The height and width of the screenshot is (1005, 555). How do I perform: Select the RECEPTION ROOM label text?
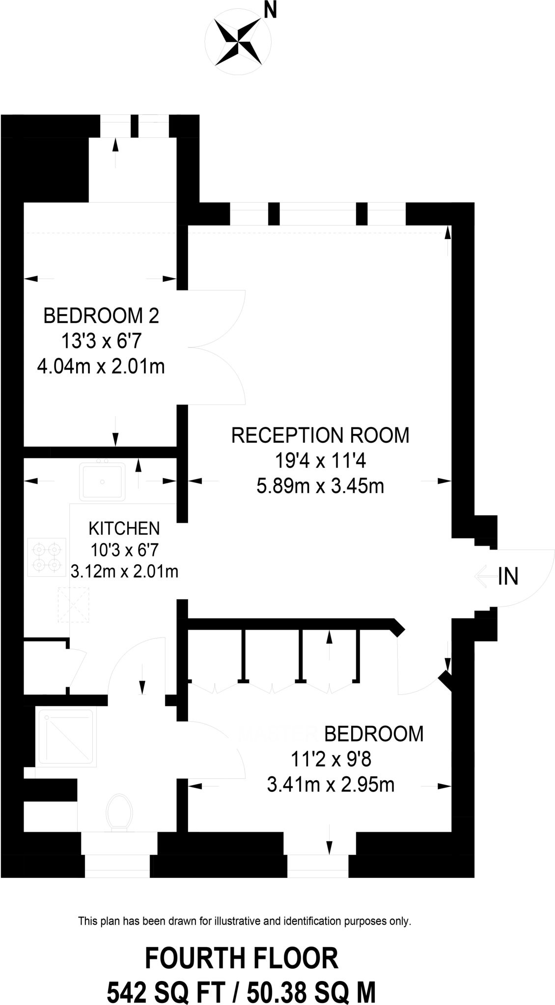320,435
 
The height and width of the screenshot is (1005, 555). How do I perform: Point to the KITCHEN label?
124,529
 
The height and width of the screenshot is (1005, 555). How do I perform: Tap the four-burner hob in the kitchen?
47,557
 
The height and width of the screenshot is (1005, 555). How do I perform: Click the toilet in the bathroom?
119,813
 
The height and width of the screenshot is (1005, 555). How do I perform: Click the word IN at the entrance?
508,577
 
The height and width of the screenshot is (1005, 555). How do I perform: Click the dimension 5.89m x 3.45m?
320,486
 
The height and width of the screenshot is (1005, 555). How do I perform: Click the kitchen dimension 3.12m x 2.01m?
124,572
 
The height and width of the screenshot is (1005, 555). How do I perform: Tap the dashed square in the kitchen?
74,605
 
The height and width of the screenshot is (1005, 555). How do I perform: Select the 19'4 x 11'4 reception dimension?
320,461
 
